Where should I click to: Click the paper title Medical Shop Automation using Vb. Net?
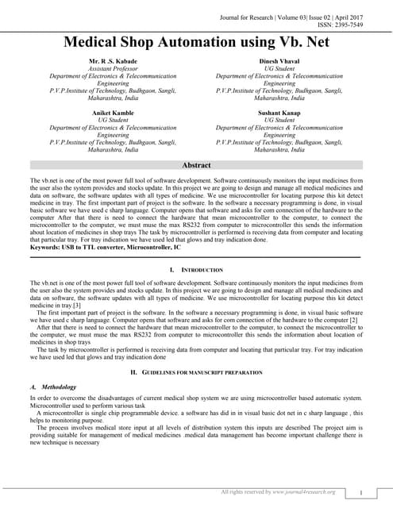click(196, 41)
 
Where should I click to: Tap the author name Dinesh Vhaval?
click(279, 60)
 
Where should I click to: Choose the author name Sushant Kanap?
click(279, 113)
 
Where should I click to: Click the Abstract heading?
click(196, 165)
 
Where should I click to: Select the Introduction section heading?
click(202, 271)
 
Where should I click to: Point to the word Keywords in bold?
click(45, 248)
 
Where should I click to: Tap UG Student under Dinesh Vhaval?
click(279, 68)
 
